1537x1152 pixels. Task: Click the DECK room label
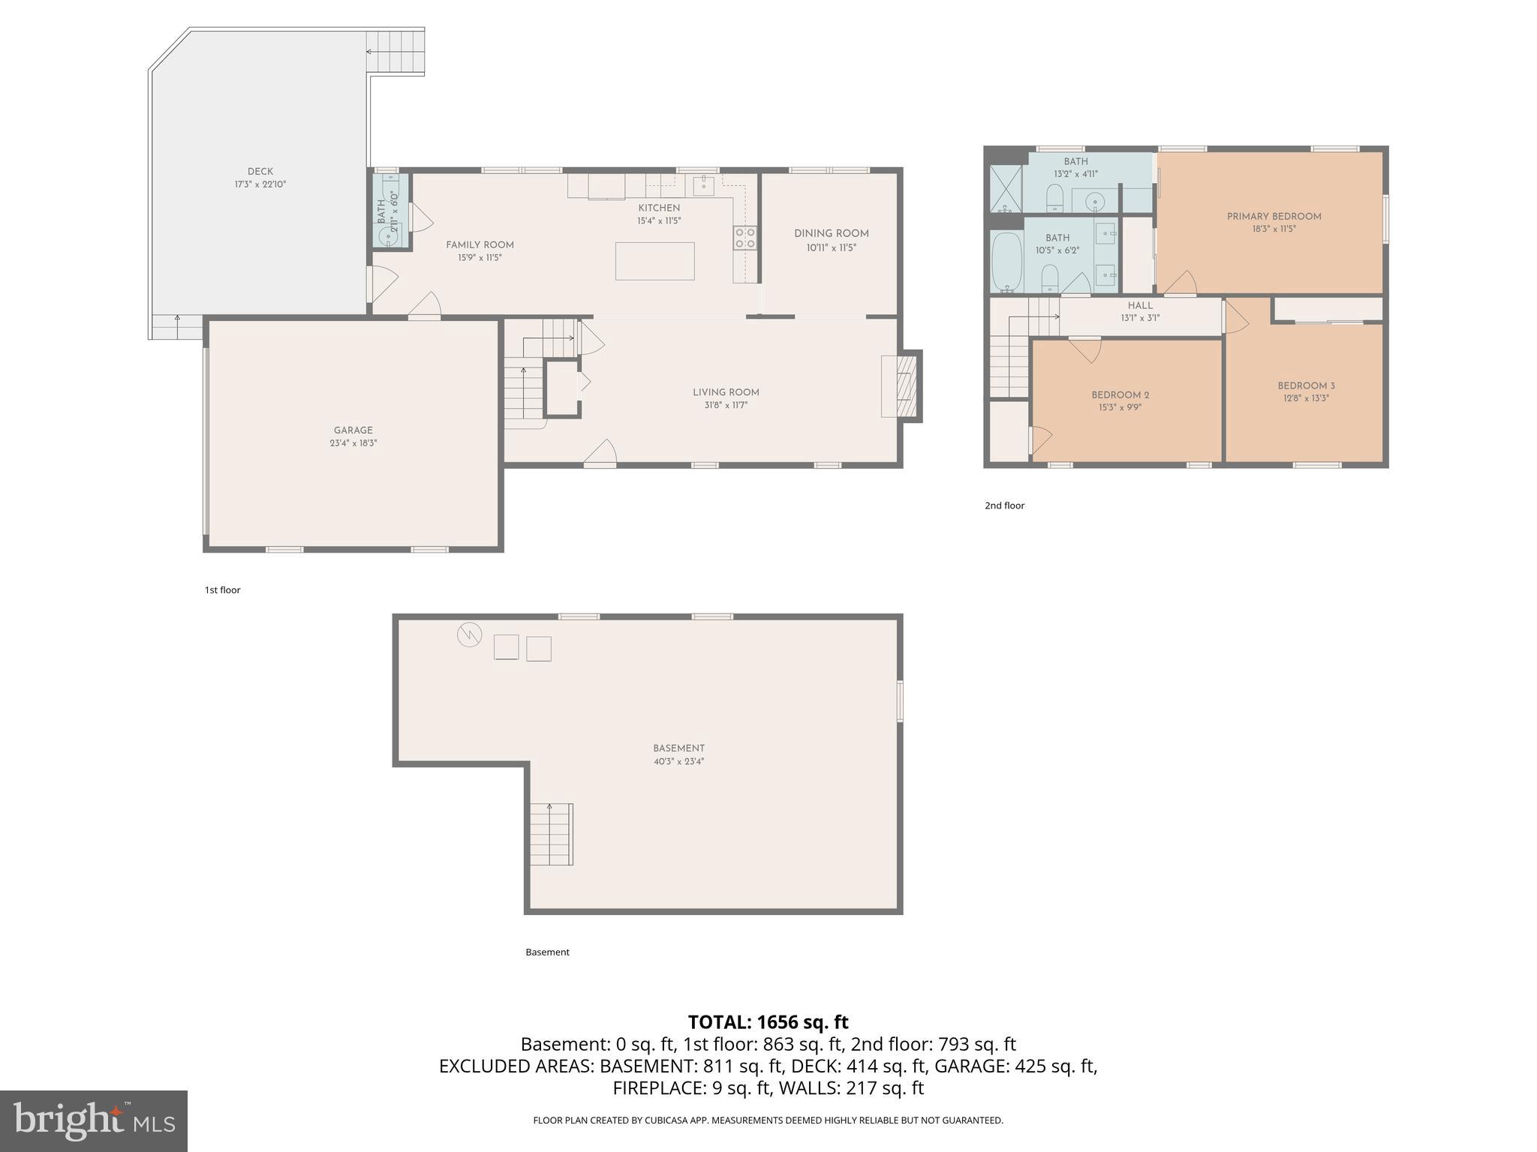(260, 172)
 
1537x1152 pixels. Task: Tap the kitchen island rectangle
(654, 261)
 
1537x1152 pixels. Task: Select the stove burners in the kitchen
(744, 238)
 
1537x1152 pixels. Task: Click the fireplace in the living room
(907, 386)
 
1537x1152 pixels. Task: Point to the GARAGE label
(353, 430)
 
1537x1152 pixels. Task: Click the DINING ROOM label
(831, 234)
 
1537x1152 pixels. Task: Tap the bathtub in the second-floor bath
(1006, 262)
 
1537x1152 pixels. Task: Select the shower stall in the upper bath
(1006, 189)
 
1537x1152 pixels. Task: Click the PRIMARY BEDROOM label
(1274, 217)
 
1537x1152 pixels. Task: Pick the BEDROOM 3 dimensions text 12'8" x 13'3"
(1306, 399)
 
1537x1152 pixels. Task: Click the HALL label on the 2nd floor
(1139, 306)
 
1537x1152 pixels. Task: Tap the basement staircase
(552, 834)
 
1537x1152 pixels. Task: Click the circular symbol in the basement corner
(469, 635)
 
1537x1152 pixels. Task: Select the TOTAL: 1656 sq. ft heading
(768, 1022)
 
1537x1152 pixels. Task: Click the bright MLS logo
(94, 1120)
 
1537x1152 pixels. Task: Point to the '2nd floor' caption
(1004, 506)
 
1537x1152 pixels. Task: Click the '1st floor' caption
(222, 590)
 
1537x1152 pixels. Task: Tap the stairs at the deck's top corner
(396, 52)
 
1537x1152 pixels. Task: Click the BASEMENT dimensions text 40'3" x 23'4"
(678, 761)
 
